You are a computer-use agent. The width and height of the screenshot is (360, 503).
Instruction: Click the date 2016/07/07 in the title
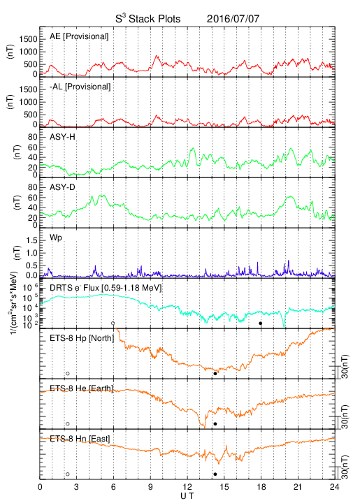point(233,19)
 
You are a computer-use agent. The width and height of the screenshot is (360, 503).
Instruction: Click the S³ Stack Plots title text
point(148,18)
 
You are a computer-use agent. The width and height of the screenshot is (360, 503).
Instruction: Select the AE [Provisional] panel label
point(79,36)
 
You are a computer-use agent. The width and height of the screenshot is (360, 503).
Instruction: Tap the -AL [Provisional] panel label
point(80,87)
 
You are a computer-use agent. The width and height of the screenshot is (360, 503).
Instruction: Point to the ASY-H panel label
point(62,137)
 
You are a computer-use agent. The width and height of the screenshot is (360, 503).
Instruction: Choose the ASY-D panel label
point(62,187)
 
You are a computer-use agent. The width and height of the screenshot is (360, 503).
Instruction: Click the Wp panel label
point(55,238)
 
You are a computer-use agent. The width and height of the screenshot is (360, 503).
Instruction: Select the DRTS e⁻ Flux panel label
point(106,288)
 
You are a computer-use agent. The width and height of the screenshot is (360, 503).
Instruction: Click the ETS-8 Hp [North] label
point(82,338)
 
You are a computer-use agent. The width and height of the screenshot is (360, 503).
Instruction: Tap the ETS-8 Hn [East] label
point(80,439)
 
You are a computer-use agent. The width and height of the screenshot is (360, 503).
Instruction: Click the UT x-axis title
point(187,496)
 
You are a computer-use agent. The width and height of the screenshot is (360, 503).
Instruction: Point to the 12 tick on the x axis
point(187,487)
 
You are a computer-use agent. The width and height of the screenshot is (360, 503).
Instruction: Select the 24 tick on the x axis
point(335,487)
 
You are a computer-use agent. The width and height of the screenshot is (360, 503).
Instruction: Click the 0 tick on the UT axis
point(40,487)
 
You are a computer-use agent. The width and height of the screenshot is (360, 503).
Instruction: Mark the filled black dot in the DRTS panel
point(261,323)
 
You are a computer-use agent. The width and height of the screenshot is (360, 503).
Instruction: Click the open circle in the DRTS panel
point(113,323)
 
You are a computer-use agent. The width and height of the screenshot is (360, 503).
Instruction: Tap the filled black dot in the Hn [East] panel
point(215,474)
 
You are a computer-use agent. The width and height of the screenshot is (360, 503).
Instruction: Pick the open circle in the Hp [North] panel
point(68,373)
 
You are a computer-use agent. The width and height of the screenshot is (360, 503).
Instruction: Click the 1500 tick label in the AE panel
point(28,39)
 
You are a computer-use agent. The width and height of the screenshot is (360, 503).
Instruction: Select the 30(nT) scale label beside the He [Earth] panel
point(345,417)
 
